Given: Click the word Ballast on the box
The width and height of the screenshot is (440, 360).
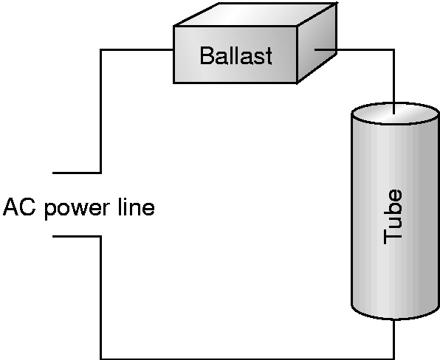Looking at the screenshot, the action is pyautogui.click(x=236, y=55).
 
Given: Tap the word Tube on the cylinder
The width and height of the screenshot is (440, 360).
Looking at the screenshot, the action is pyautogui.click(x=393, y=217).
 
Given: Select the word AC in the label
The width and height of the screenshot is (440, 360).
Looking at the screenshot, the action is pyautogui.click(x=19, y=207).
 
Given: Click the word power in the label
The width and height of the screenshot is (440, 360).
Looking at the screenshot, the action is pyautogui.click(x=77, y=210).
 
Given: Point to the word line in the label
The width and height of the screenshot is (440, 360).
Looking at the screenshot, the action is pyautogui.click(x=137, y=207).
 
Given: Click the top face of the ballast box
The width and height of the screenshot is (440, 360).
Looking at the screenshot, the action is pyautogui.click(x=255, y=14).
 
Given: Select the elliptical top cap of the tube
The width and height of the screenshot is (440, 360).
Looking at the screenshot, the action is pyautogui.click(x=396, y=113).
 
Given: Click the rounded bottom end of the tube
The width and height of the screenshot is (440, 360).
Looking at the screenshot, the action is pyautogui.click(x=396, y=313).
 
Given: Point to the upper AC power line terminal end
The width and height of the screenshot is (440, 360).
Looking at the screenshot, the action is pyautogui.click(x=53, y=173).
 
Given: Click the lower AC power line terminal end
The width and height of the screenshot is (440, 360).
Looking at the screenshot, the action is pyautogui.click(x=53, y=237).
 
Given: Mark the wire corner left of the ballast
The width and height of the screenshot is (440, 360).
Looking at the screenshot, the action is pyautogui.click(x=100, y=50).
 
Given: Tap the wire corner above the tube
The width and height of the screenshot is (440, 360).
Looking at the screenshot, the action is pyautogui.click(x=394, y=50).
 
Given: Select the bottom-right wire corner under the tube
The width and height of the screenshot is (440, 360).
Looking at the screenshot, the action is pyautogui.click(x=394, y=359).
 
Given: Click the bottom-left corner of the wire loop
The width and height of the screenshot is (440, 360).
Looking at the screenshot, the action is pyautogui.click(x=100, y=359).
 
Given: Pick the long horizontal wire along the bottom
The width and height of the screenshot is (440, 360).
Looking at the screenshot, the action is pyautogui.click(x=247, y=359).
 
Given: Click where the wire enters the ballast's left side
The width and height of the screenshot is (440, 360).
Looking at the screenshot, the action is pyautogui.click(x=173, y=50).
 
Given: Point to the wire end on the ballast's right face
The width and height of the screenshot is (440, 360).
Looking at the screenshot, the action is pyautogui.click(x=315, y=50).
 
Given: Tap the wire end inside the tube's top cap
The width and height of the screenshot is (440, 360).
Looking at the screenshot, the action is pyautogui.click(x=394, y=114).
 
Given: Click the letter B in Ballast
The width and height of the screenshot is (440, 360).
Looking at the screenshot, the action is pyautogui.click(x=206, y=55).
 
